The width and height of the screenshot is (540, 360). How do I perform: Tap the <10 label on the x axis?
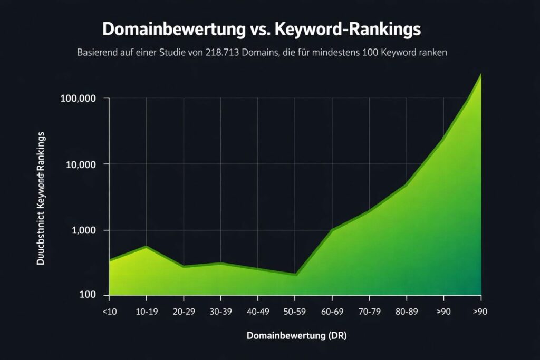click(109, 312)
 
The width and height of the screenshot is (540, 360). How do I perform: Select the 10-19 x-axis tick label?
click(147, 312)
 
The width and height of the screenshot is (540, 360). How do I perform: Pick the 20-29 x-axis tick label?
click(184, 312)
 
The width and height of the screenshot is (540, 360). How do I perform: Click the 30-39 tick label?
click(221, 312)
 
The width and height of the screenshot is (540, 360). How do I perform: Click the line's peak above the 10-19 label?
click(146, 247)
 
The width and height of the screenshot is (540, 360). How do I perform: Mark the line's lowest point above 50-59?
click(296, 275)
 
